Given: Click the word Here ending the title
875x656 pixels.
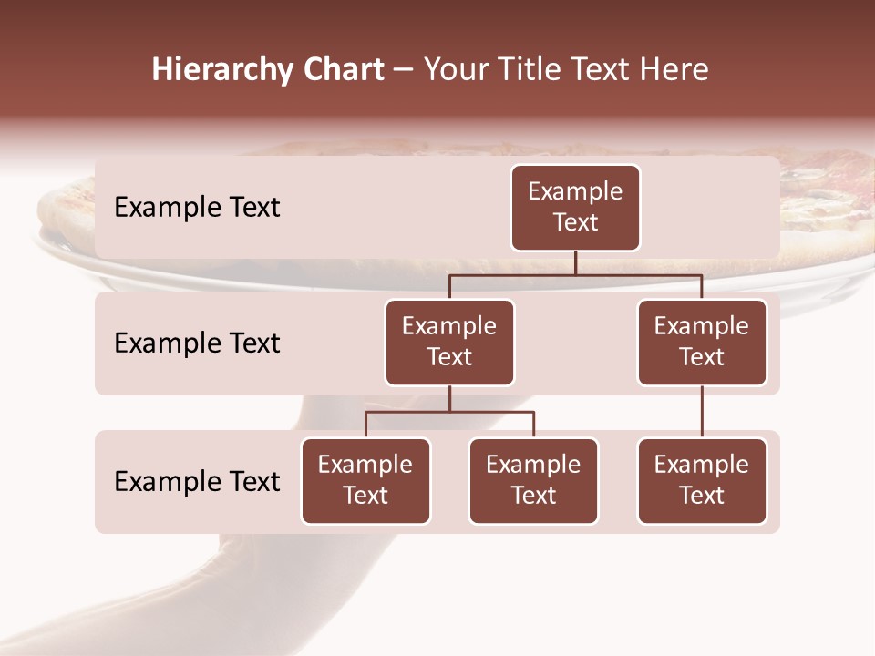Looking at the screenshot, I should pos(674,70).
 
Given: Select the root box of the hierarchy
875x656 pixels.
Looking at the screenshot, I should pos(575,208).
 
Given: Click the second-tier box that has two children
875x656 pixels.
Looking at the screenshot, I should pos(449,343).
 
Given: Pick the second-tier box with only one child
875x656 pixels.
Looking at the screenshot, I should pos(702,343).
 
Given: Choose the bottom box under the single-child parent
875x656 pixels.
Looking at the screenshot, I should pos(702,481).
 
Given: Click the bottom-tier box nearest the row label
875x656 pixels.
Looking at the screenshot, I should pos(365,481).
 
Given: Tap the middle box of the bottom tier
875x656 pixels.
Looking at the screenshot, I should pos(533,481).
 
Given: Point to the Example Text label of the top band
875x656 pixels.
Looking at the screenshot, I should pos(197,208).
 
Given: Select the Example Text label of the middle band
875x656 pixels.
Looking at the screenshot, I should pos(197,343).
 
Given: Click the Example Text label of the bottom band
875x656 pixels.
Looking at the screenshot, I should pos(197,481).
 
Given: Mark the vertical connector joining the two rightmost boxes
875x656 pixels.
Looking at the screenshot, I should pos(702,412).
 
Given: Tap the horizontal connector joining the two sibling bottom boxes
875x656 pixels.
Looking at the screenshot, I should pos(449,412).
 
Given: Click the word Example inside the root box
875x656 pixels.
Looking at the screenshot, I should pos(575,192).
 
